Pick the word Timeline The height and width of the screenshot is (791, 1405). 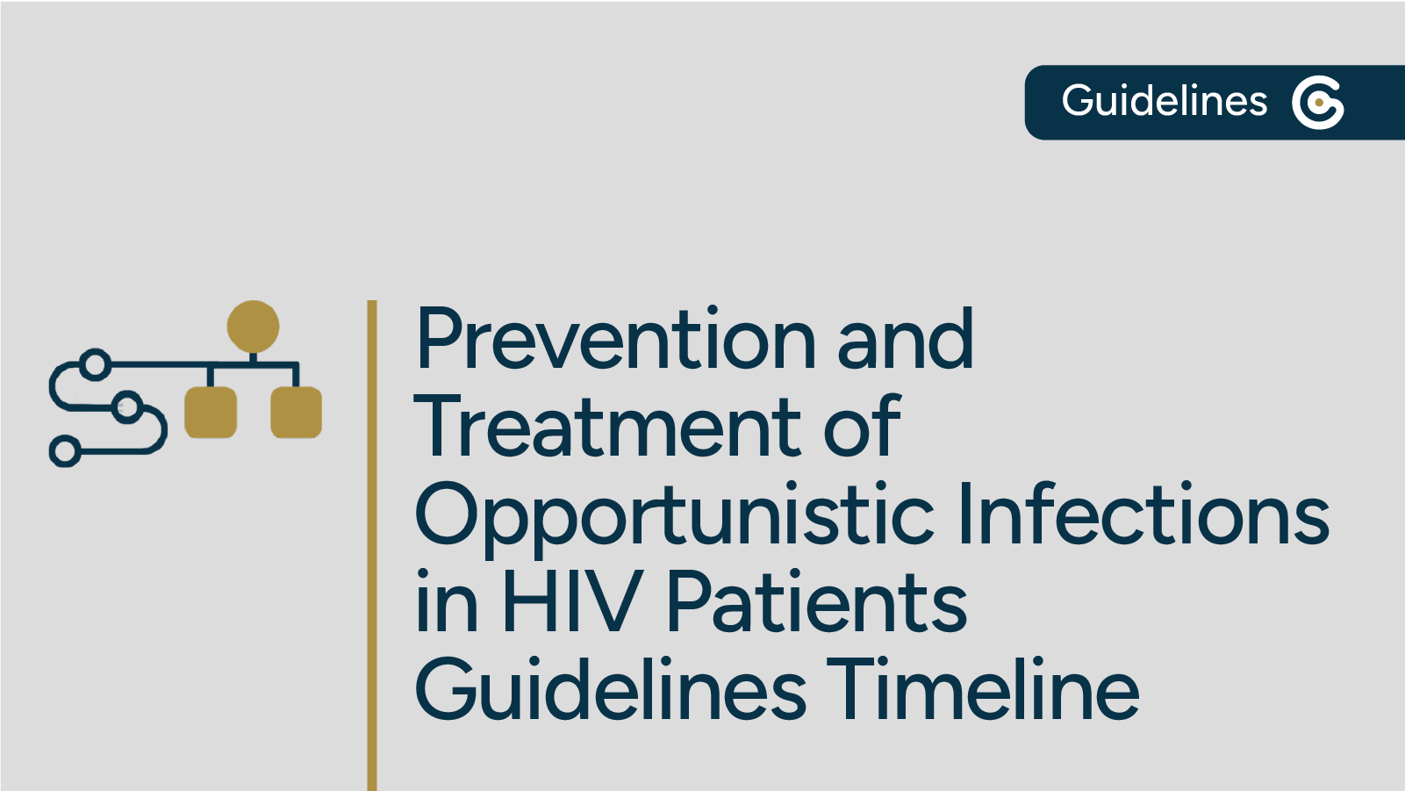tap(982, 690)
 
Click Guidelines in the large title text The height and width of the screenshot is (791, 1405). tap(610, 690)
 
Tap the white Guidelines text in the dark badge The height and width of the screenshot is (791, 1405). tap(1164, 101)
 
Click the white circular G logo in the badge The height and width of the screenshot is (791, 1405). tap(1317, 103)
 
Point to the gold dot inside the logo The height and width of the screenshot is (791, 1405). tap(1319, 103)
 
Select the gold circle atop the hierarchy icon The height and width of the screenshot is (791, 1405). tap(253, 327)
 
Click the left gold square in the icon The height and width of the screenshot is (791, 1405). tap(211, 412)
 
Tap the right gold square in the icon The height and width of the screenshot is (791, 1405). tap(296, 412)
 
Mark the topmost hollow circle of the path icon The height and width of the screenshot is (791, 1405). tap(95, 363)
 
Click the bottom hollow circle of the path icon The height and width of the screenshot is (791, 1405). tap(65, 451)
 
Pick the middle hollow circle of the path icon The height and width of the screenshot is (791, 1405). tap(128, 407)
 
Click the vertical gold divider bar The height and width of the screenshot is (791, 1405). tap(372, 544)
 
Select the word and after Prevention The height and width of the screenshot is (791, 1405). tap(905, 340)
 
